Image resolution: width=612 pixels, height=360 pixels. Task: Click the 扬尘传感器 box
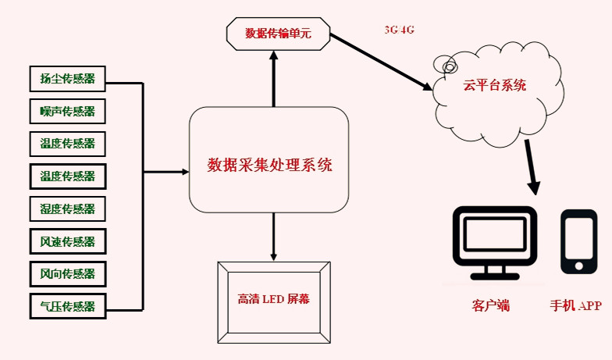click(x=67, y=78)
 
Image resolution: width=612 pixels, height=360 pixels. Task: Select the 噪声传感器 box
click(x=67, y=111)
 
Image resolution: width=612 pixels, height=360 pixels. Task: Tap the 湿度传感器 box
click(x=67, y=209)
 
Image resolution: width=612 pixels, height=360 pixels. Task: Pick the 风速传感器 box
click(x=67, y=241)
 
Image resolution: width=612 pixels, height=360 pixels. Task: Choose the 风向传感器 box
click(x=67, y=274)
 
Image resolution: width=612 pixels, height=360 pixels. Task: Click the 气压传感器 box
click(x=67, y=306)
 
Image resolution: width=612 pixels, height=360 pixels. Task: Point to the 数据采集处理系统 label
click(x=269, y=165)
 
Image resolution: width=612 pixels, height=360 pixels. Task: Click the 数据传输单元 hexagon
click(x=278, y=34)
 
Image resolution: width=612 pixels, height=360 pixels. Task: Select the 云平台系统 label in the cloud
click(x=495, y=85)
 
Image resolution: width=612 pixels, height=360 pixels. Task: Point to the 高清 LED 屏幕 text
click(x=272, y=299)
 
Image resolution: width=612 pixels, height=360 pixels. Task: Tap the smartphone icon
click(x=578, y=242)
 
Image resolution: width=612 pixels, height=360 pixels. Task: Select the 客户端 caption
click(x=491, y=305)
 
